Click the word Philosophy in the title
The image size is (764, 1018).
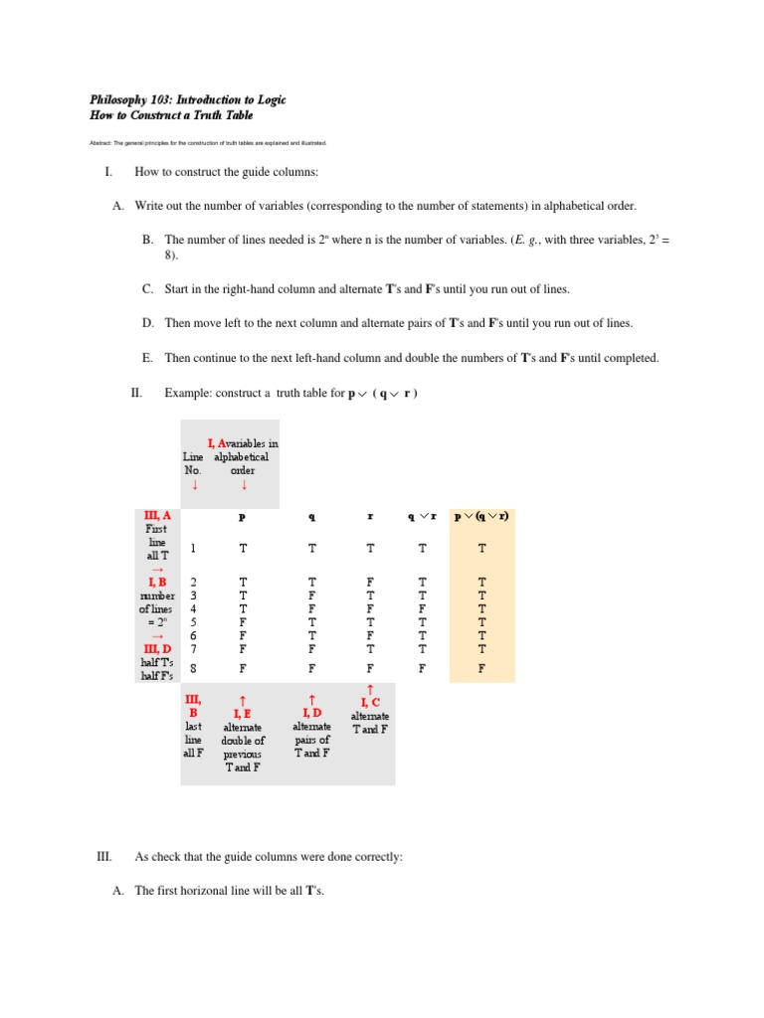coord(117,100)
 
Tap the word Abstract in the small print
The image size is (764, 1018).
coord(102,143)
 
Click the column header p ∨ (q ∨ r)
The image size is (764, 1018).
coord(482,517)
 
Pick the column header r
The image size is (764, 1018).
coord(370,517)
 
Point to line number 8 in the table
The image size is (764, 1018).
coord(193,669)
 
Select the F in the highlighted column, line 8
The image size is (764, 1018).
coord(482,669)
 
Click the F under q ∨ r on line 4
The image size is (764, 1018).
coord(423,608)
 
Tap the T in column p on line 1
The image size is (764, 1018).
coord(243,548)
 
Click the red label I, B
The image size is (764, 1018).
coord(157,582)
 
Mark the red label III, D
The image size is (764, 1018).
coord(156,649)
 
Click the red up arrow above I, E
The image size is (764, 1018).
coord(243,699)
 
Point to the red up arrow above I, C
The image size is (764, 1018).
coord(371,689)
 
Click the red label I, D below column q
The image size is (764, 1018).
coord(311,713)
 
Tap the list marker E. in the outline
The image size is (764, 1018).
coord(147,358)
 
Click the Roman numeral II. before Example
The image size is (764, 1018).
coord(137,393)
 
